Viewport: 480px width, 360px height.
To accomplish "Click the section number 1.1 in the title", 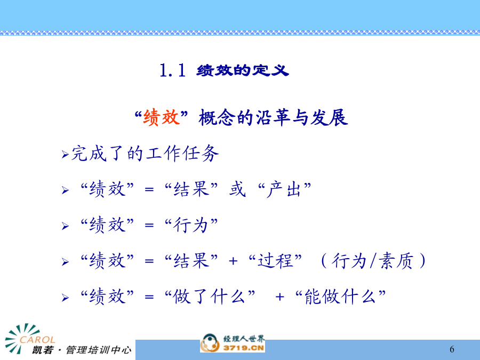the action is click(173, 70).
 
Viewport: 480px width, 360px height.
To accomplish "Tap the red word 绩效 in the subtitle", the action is click(161, 117).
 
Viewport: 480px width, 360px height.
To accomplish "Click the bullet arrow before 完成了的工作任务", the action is click(65, 154).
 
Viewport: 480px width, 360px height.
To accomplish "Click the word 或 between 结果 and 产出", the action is click(237, 189).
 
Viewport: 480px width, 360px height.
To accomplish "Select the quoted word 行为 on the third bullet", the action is click(191, 225).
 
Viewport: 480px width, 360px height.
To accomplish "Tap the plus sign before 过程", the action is click(233, 261).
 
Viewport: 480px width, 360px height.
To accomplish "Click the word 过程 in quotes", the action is click(275, 261).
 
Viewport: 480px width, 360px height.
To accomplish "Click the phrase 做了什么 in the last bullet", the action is click(209, 297).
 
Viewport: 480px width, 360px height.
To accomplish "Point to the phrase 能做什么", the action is click(340, 297).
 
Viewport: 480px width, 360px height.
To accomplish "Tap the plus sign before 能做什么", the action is click(279, 297).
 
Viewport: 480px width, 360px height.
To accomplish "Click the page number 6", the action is click(452, 349).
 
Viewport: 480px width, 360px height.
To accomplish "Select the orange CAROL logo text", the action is click(37, 340).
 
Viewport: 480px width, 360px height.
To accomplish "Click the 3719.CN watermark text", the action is click(244, 348).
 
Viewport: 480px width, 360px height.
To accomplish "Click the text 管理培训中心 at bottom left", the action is click(99, 350).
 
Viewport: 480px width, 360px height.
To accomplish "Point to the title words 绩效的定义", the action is click(243, 70).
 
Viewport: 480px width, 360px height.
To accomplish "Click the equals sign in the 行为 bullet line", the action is click(149, 225).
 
